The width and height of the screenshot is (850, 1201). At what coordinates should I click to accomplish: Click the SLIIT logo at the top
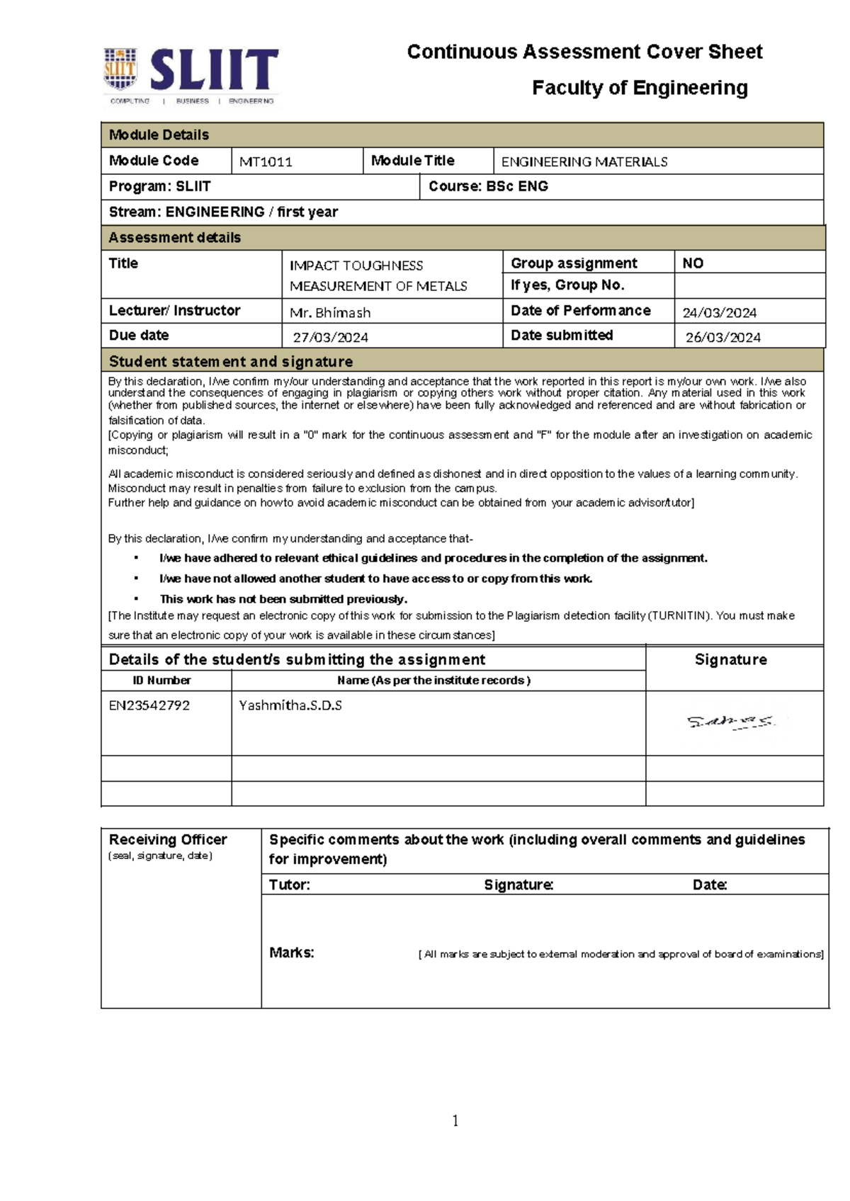191,75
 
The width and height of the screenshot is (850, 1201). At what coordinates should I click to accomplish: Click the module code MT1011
266,161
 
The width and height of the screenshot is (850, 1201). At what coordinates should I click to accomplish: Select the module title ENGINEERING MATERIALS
584,161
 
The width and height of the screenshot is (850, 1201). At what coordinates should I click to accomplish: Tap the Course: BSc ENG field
488,186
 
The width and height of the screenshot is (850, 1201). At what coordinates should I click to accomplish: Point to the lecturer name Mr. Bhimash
330,312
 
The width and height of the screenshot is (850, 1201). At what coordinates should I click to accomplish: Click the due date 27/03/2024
331,337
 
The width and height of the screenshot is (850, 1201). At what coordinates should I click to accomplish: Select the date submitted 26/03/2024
722,337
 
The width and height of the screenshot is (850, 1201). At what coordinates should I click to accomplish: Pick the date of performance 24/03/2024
719,312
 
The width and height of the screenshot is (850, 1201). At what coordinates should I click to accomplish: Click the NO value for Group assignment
693,263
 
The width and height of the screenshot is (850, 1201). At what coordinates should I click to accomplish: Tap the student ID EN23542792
149,705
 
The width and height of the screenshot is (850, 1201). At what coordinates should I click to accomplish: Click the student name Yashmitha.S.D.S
290,705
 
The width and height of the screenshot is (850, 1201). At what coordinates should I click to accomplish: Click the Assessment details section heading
175,237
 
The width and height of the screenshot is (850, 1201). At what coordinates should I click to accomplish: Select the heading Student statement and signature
231,361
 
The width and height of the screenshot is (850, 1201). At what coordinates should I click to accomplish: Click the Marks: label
291,952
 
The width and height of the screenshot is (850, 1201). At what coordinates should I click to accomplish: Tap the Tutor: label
289,884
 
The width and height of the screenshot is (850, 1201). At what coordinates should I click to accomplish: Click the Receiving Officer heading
168,839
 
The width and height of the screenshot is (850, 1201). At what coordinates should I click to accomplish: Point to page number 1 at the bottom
455,1120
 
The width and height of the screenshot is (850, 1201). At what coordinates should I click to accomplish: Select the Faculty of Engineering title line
640,88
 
